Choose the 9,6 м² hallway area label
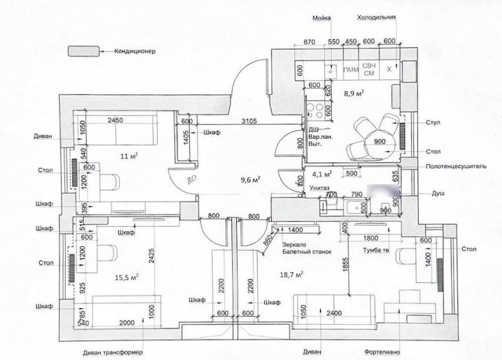[250, 178]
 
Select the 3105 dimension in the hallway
[249, 121]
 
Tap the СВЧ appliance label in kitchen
[369, 66]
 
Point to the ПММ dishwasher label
[350, 71]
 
